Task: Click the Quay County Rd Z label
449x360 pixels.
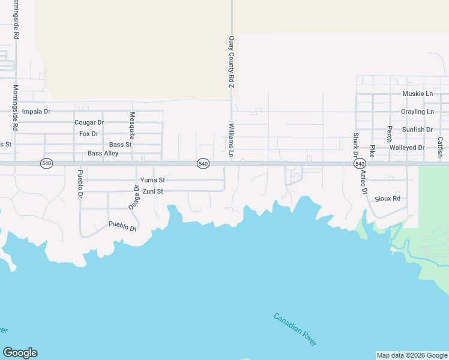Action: (x=231, y=62)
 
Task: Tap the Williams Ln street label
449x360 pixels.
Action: (x=231, y=137)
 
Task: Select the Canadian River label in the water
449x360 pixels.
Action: (x=295, y=329)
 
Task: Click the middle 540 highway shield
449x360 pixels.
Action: (x=203, y=164)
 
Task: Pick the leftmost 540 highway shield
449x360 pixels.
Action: (x=46, y=163)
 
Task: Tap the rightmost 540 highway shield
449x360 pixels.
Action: (x=360, y=164)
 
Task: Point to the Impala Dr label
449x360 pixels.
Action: (x=36, y=112)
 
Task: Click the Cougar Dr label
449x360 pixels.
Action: (x=89, y=122)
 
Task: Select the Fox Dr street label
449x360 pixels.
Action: (x=89, y=134)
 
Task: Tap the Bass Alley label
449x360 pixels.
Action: (x=103, y=154)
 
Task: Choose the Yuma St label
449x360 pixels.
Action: (x=152, y=180)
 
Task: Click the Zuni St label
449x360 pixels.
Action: (x=152, y=191)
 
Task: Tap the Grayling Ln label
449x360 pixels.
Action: (x=417, y=112)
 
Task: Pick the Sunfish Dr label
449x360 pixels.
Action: (x=417, y=130)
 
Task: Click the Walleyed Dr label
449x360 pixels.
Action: (x=407, y=148)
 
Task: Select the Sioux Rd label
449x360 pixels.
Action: (x=387, y=198)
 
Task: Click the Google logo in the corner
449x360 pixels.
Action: (x=20, y=353)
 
